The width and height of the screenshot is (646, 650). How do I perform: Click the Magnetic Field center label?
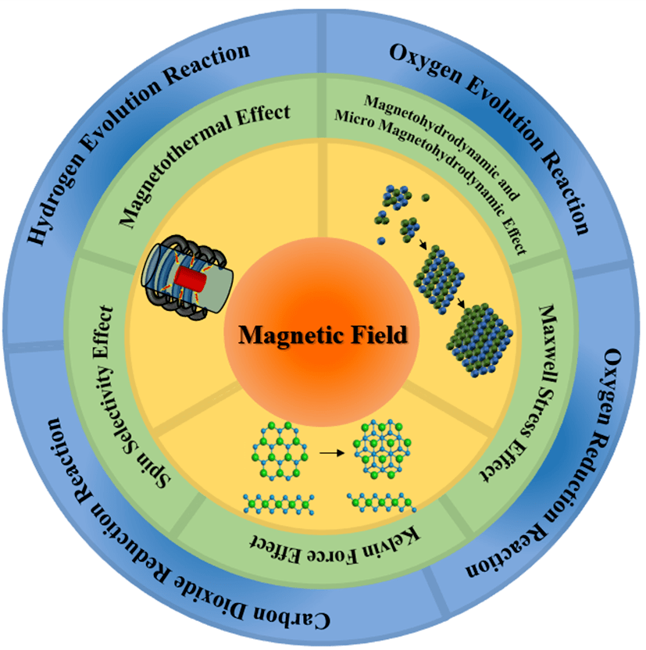pos(323,336)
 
